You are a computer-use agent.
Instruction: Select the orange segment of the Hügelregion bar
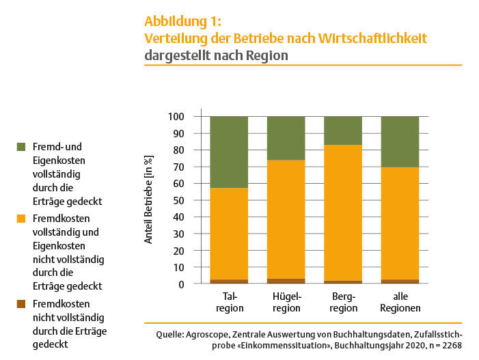(286, 219)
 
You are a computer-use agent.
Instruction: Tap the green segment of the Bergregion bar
(342, 130)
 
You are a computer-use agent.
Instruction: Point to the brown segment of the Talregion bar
(229, 281)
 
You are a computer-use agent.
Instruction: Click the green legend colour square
(21, 147)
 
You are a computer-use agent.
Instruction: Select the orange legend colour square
(21, 219)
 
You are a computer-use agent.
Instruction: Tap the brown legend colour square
(21, 303)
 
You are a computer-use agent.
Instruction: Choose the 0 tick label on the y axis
(182, 283)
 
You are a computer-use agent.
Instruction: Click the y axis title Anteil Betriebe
(148, 200)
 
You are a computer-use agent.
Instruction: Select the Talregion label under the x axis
(229, 302)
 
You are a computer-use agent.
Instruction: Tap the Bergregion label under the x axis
(343, 302)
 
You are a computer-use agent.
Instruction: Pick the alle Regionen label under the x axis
(400, 302)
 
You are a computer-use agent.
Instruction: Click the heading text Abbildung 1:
(183, 21)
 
